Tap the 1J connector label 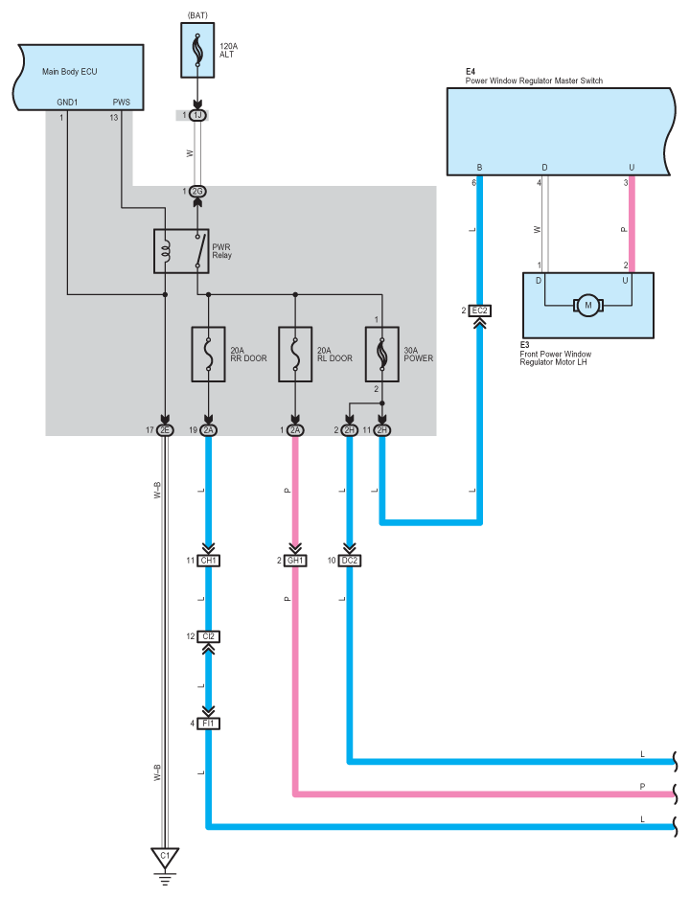[x=198, y=115]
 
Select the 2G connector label [x=198, y=192]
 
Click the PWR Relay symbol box [x=180, y=250]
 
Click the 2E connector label [x=165, y=430]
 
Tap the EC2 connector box [x=480, y=310]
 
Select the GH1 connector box [x=295, y=560]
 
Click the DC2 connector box [x=348, y=560]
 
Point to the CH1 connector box [x=209, y=560]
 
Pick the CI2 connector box [x=209, y=636]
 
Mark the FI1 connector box [x=209, y=724]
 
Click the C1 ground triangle [x=165, y=855]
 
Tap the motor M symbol [x=587, y=306]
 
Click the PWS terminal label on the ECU [x=122, y=101]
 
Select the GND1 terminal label [x=68, y=101]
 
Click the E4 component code [x=471, y=72]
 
